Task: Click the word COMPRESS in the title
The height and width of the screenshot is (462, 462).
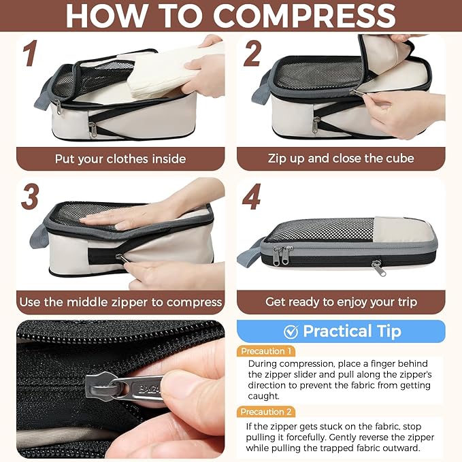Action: [304, 16]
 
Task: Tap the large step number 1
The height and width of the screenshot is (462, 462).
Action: [31, 53]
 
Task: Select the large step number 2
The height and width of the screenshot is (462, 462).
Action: [252, 53]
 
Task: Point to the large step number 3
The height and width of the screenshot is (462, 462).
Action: [30, 197]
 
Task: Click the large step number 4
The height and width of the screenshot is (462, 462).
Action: [251, 197]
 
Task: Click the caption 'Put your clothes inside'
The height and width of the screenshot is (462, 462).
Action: [120, 159]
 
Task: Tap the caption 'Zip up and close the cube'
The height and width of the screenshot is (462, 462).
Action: [341, 159]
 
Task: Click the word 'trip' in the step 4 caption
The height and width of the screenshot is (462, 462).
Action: [407, 302]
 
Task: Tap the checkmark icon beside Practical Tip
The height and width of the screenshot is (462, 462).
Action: [291, 332]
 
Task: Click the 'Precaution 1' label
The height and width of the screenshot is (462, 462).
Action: [266, 351]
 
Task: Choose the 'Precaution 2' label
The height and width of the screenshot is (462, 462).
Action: [266, 412]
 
